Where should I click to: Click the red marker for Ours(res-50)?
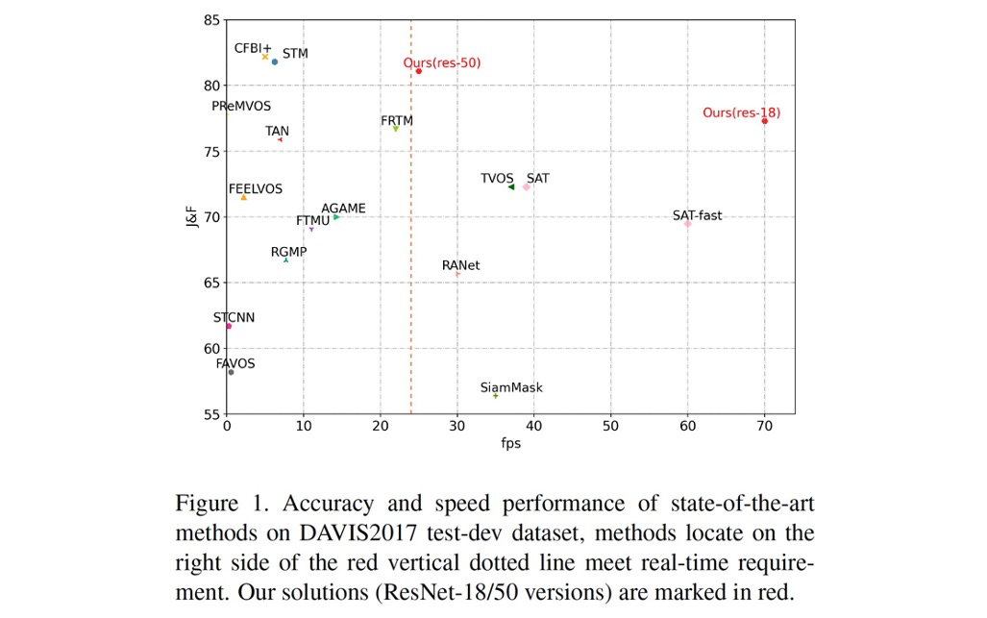pos(419,71)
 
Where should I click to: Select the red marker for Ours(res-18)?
pos(765,121)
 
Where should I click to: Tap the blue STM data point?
pos(275,62)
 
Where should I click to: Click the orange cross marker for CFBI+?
pos(265,57)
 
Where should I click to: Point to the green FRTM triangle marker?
pos(396,129)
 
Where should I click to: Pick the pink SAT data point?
pos(527,187)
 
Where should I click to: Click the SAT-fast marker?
pos(688,224)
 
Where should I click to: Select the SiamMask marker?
pos(496,396)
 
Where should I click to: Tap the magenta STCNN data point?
pos(229,326)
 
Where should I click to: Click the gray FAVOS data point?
pos(231,372)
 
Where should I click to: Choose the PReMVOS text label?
pos(241,107)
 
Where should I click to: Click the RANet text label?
pos(461,265)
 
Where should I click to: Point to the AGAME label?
pos(343,209)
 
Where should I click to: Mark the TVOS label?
pos(497,179)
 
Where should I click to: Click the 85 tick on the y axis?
pos(212,20)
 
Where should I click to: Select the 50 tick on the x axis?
pos(611,425)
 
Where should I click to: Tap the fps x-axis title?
pos(511,443)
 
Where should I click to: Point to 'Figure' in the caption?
pos(206,504)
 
